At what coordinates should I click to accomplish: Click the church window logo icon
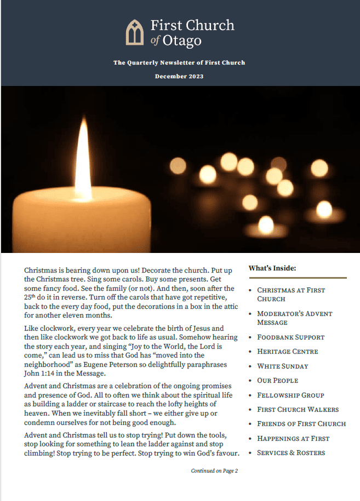[134, 32]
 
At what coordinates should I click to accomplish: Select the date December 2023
[179, 76]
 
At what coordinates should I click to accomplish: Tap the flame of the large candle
[83, 158]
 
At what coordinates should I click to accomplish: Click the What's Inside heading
[272, 268]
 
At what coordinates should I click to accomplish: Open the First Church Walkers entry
[298, 410]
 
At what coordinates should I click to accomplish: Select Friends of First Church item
[301, 424]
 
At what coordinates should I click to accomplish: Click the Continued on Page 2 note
[214, 471]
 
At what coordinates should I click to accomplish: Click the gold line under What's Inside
[298, 278]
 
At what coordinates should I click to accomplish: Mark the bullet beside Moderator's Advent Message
[250, 314]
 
